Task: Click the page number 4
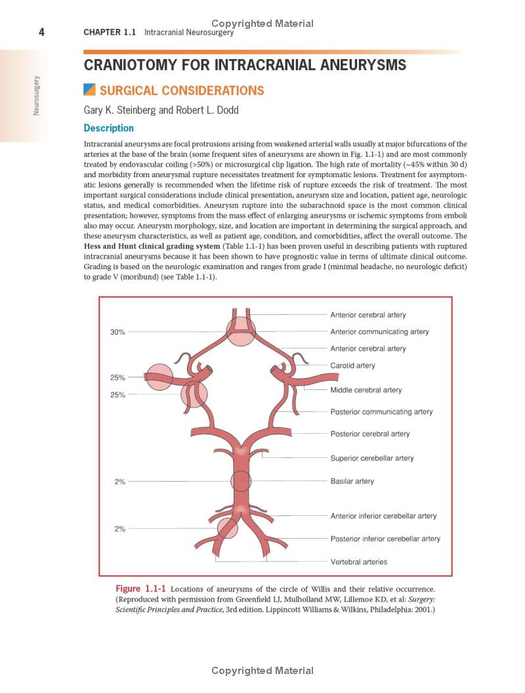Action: [41, 32]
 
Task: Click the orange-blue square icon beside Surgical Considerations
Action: [90, 90]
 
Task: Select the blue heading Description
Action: [109, 128]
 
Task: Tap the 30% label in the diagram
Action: [117, 332]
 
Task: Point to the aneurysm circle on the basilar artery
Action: [241, 482]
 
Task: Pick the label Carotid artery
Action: [352, 366]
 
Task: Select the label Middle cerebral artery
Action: [366, 390]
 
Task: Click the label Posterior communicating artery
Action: [381, 412]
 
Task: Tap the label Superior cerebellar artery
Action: [372, 458]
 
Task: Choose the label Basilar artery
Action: [352, 481]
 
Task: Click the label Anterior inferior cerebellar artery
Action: [383, 516]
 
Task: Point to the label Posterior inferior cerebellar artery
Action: [385, 539]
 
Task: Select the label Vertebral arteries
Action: [358, 562]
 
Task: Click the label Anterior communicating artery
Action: [379, 331]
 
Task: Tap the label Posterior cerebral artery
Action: [369, 434]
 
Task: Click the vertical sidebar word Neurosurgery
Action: [37, 96]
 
